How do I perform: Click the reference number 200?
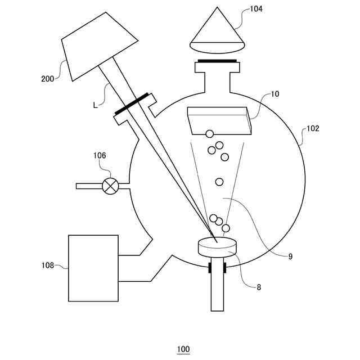(x=47, y=79)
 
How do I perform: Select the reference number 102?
(x=313, y=128)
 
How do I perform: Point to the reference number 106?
(x=100, y=155)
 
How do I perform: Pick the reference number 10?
(x=275, y=94)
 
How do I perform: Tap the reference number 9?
(x=290, y=256)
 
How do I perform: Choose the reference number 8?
(x=259, y=287)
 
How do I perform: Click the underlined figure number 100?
(x=183, y=349)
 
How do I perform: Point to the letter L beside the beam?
(x=95, y=105)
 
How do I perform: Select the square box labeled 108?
(x=93, y=268)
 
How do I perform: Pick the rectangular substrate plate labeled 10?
(x=219, y=120)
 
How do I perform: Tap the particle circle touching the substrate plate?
(x=209, y=134)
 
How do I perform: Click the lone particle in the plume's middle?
(x=219, y=182)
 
